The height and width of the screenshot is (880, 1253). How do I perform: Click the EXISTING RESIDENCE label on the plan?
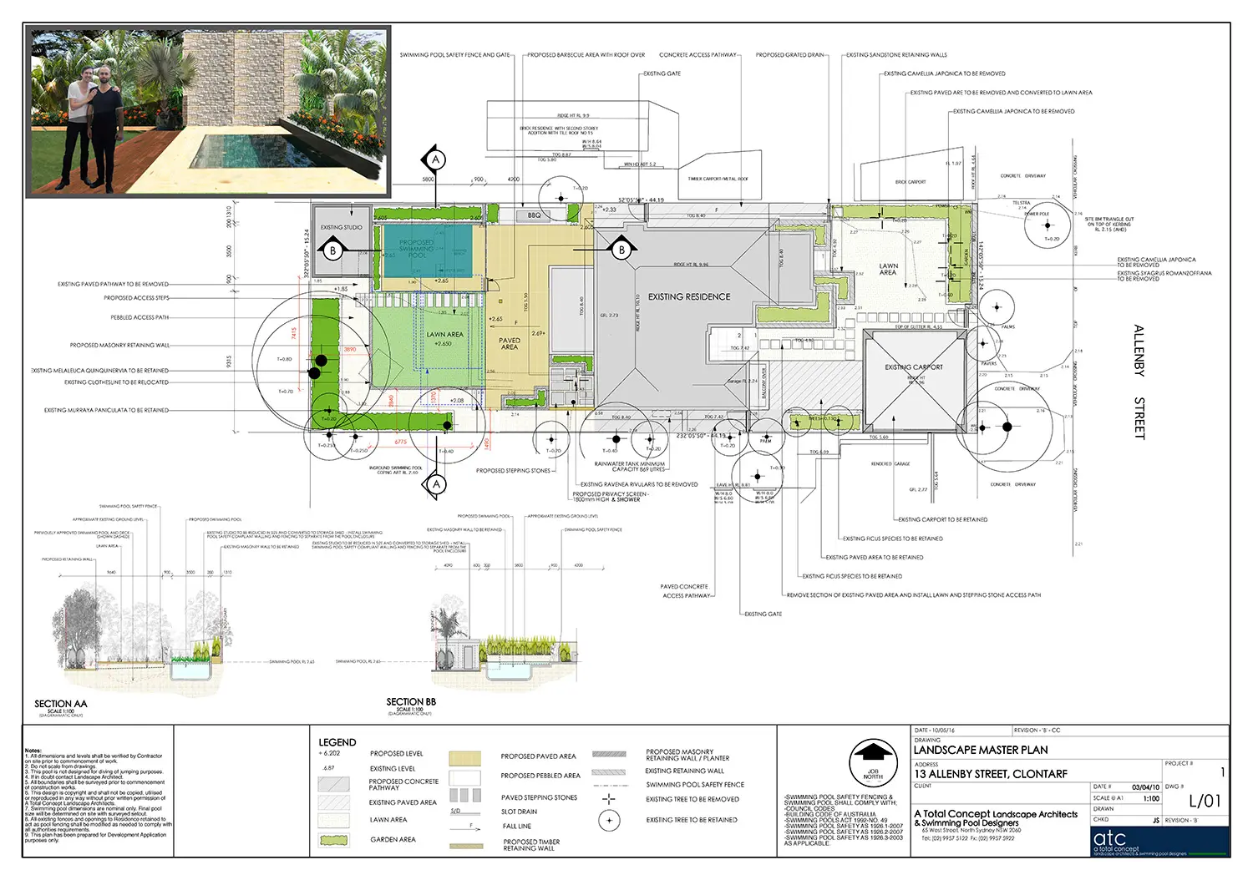pyautogui.click(x=689, y=296)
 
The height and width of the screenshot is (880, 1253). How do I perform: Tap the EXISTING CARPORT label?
pyautogui.click(x=914, y=367)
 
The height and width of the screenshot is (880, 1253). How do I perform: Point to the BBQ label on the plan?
pyautogui.click(x=535, y=215)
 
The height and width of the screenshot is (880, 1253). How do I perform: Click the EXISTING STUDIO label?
pyautogui.click(x=342, y=227)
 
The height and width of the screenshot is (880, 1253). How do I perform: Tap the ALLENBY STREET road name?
pyautogui.click(x=1139, y=382)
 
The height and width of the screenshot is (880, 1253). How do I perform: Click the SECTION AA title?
pyautogui.click(x=60, y=704)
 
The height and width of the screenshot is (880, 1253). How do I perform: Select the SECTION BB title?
pyautogui.click(x=411, y=702)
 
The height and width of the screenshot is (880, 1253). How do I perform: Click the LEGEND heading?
pyautogui.click(x=337, y=742)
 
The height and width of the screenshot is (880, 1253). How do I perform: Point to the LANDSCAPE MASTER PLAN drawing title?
pyautogui.click(x=981, y=750)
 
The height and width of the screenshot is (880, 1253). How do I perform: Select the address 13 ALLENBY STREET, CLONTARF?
pyautogui.click(x=990, y=774)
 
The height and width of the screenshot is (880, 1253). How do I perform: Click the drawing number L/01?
pyautogui.click(x=1205, y=801)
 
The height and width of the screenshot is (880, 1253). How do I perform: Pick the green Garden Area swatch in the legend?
pyautogui.click(x=334, y=840)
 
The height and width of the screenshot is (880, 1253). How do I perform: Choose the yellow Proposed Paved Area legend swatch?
pyautogui.click(x=464, y=757)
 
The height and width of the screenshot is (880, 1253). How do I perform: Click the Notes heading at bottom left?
pyautogui.click(x=33, y=751)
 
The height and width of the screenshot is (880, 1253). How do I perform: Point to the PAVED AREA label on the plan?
pyautogui.click(x=510, y=343)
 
